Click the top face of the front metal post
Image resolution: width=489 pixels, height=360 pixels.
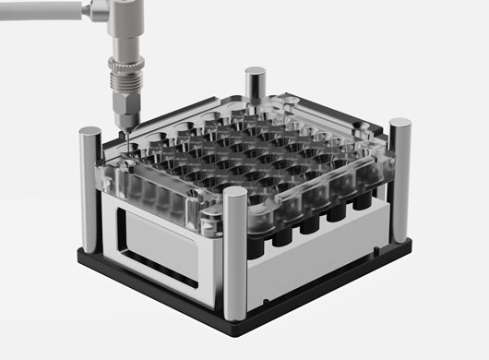[236, 195]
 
